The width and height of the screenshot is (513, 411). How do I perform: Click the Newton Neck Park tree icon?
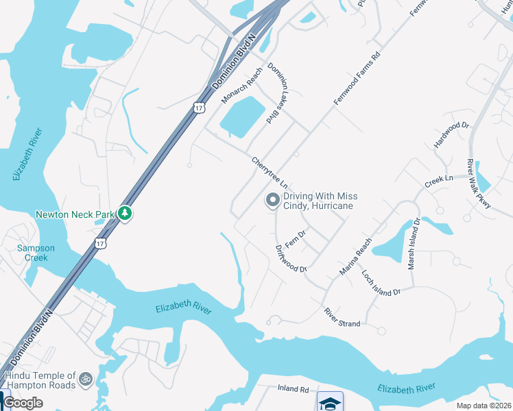[x=125, y=214]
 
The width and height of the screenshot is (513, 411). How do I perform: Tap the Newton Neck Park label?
[x=75, y=214]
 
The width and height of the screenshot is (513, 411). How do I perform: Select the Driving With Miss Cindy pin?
[x=272, y=201]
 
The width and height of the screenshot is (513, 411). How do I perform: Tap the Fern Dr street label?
[x=295, y=239]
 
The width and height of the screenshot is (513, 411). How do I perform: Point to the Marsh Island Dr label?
[x=414, y=244]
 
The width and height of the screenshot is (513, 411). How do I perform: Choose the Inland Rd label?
[x=294, y=389]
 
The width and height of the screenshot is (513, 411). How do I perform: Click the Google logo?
[x=23, y=403]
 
